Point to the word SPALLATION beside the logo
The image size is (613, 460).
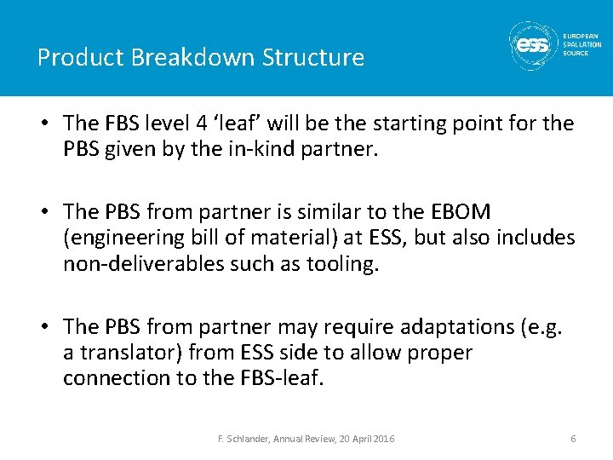pos(581,45)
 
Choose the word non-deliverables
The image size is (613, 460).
pos(146,263)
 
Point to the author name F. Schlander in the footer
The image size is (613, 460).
pos(243,439)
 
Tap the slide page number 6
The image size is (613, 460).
pos(573,439)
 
